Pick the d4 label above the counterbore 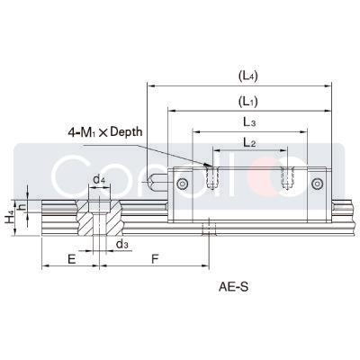point(100,180)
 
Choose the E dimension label point(70,257)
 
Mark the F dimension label point(155,257)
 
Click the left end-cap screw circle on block point(183,184)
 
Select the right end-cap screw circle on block point(317,184)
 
